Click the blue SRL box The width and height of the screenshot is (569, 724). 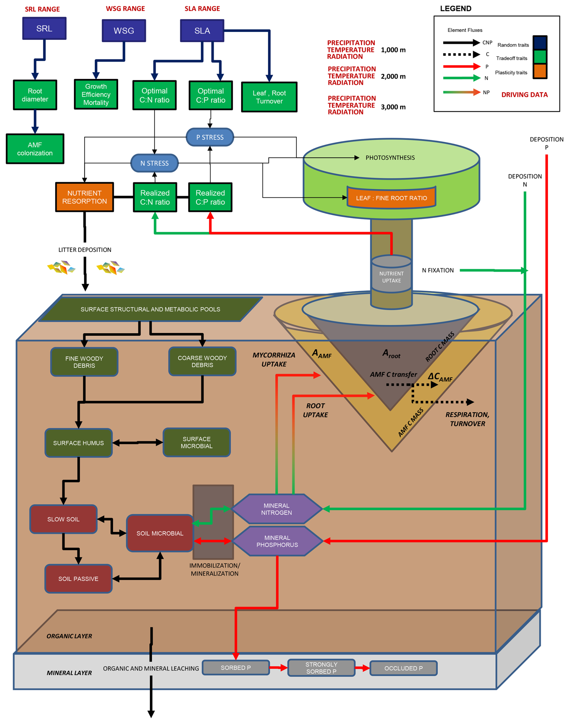click(44, 29)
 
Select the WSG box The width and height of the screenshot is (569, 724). click(124, 31)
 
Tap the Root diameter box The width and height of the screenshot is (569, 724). click(35, 95)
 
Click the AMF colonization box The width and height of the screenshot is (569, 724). click(35, 149)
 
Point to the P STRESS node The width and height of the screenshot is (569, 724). click(210, 137)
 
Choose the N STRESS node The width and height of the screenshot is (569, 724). click(155, 163)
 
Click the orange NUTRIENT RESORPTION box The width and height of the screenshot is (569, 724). click(85, 197)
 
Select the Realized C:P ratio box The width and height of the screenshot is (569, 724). click(210, 197)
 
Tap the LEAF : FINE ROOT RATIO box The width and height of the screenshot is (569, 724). click(392, 198)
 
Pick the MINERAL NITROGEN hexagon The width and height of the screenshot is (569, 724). click(276, 509)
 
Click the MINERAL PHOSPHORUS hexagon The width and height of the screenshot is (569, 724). click(277, 541)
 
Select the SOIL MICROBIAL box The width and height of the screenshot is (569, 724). click(160, 533)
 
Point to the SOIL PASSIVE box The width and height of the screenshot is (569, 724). click(78, 579)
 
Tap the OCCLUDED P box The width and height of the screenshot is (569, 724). click(403, 668)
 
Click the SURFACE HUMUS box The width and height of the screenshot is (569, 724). click(78, 443)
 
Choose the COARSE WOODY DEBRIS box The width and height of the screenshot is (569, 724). click(202, 362)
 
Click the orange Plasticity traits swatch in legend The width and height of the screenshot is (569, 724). click(540, 71)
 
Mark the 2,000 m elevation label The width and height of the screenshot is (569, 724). click(393, 77)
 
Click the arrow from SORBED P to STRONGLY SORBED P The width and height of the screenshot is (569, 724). click(278, 667)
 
